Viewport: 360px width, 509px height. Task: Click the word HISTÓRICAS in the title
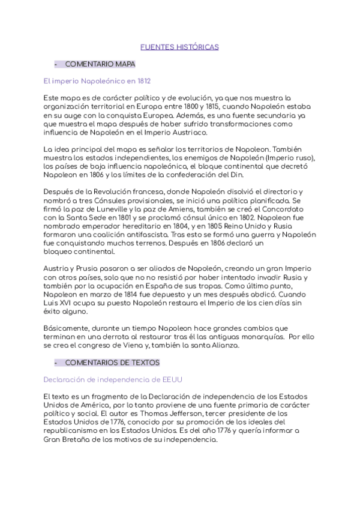pyautogui.click(x=199, y=46)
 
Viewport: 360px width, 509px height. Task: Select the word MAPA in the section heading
pyautogui.click(x=125, y=64)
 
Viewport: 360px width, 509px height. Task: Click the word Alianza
pyautogui.click(x=225, y=346)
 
